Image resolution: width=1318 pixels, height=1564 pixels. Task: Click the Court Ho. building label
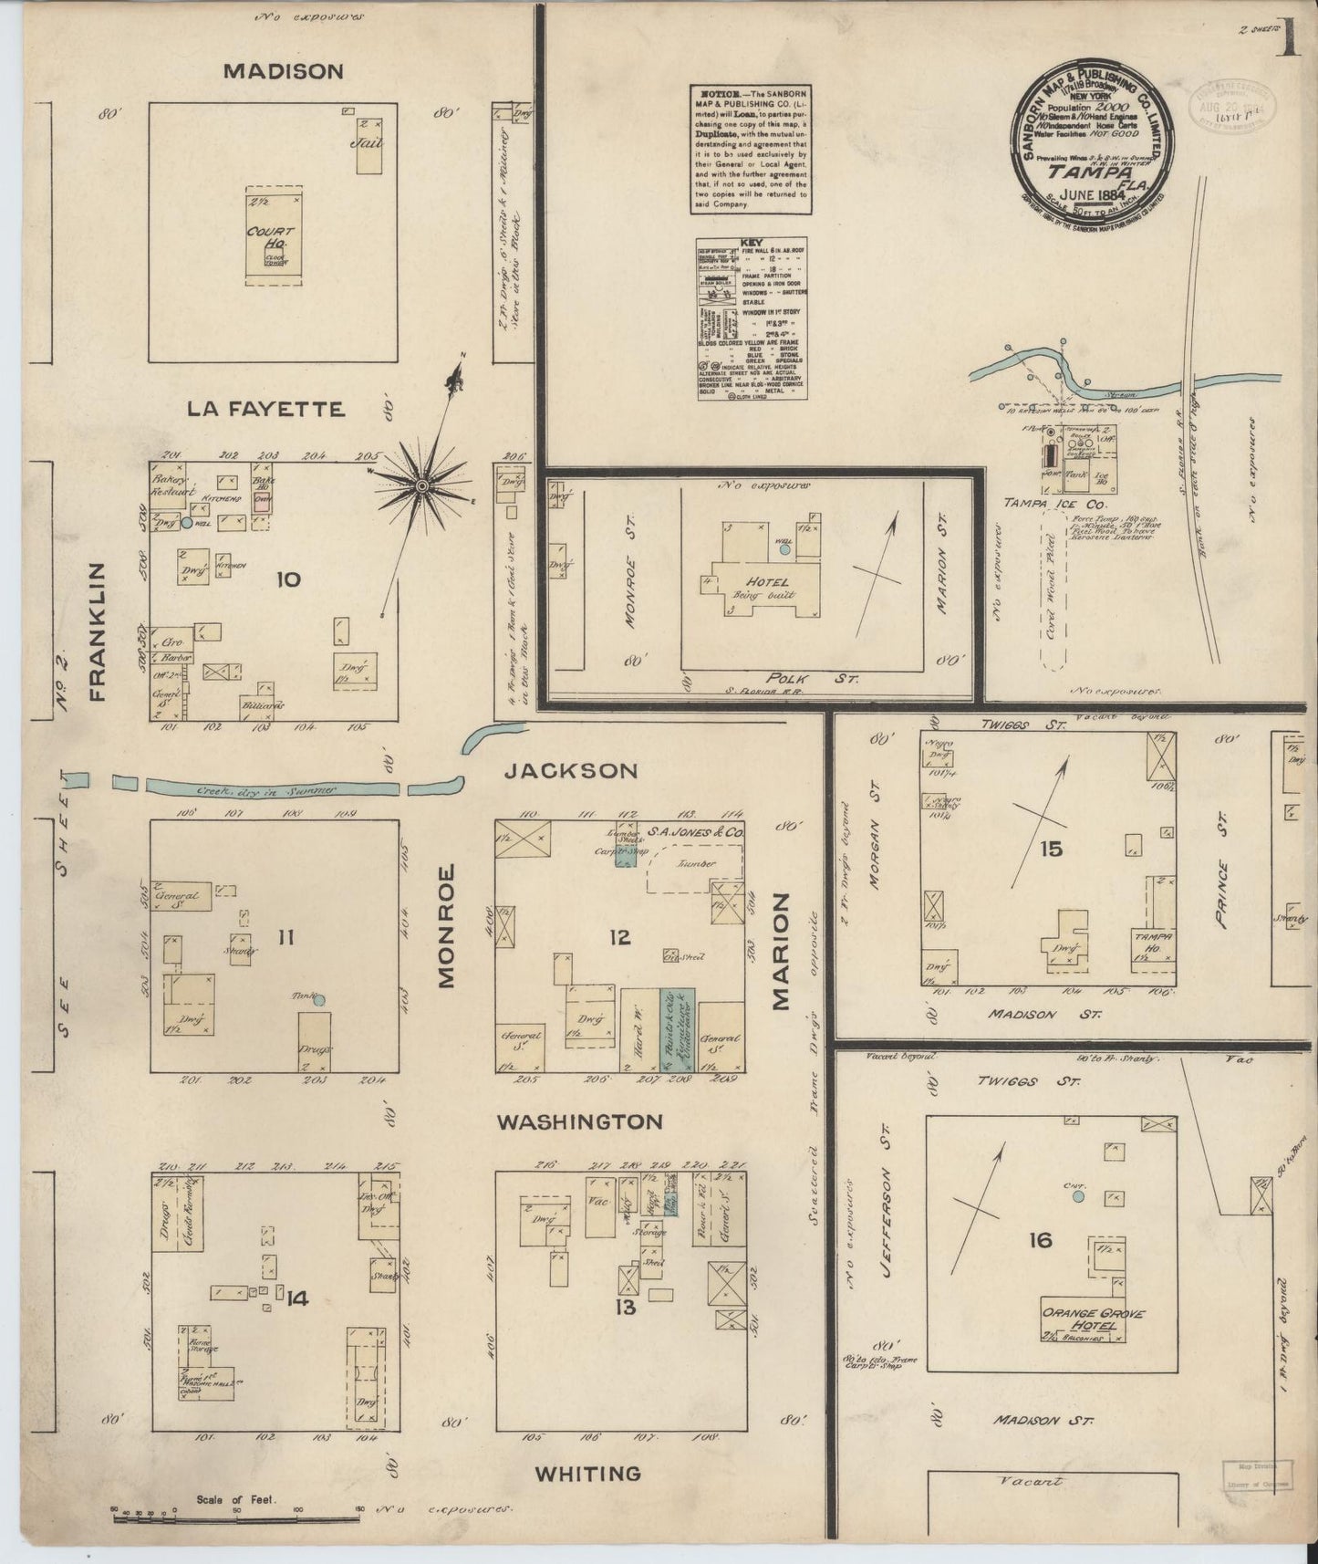pyautogui.click(x=269, y=237)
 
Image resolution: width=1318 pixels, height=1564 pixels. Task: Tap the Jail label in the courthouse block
pyautogui.click(x=371, y=142)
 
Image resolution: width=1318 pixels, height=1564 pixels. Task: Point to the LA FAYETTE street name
pyautogui.click(x=266, y=409)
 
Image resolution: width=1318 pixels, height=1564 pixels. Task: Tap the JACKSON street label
pyautogui.click(x=571, y=771)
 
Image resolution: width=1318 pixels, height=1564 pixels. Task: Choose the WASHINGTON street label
pyautogui.click(x=579, y=1121)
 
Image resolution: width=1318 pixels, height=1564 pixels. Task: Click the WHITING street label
pyautogui.click(x=587, y=1473)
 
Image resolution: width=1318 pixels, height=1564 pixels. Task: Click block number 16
pyautogui.click(x=1040, y=1239)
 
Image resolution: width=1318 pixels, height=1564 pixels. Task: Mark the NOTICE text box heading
pyautogui.click(x=712, y=94)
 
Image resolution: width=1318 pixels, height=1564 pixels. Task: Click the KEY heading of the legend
pyautogui.click(x=752, y=244)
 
